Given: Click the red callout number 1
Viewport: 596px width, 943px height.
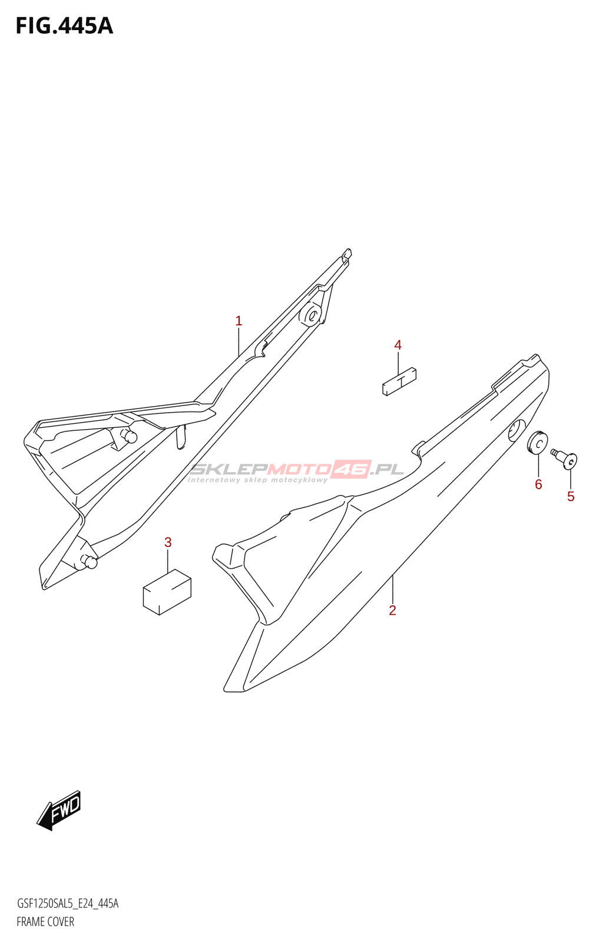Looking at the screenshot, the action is pos(239,321).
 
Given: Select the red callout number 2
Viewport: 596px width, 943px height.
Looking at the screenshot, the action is pos(393,611).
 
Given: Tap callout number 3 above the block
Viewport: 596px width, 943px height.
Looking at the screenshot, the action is pos(168,542).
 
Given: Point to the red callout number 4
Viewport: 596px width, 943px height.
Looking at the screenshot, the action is pos(398,345).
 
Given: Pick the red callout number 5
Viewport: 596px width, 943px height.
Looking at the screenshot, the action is pos(571,497).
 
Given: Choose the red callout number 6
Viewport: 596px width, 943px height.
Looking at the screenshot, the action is pos(538,484).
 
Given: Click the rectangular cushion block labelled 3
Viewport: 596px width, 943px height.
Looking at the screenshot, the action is pos(167,592).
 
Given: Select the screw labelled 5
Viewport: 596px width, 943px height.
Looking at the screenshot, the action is pos(565,458).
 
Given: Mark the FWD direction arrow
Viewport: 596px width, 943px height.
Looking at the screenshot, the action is pos(59,810).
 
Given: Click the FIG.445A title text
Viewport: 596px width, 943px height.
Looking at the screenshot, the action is pos(64,26).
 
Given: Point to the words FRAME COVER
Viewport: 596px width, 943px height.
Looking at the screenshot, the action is pos(45,922).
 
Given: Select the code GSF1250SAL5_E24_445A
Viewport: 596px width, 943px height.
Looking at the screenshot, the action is pos(68,904).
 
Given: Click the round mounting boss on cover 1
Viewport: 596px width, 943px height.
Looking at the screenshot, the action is pos(310,315).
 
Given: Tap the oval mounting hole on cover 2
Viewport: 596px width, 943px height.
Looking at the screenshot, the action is pos(517,431).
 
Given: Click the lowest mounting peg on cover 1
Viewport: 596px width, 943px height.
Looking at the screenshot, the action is pos(90,562).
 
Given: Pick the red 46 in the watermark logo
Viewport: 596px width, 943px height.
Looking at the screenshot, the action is pos(352,469).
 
